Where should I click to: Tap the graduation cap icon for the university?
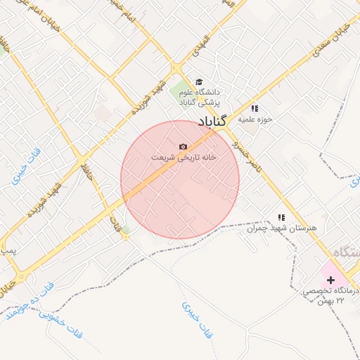pyautogui.click(x=199, y=82)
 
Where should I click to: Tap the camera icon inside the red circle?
pyautogui.click(x=184, y=146)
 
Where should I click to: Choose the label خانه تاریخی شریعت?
pyautogui.click(x=184, y=157)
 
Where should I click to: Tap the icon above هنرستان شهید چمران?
pyautogui.click(x=281, y=218)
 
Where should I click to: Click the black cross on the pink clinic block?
pyautogui.click(x=330, y=279)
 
